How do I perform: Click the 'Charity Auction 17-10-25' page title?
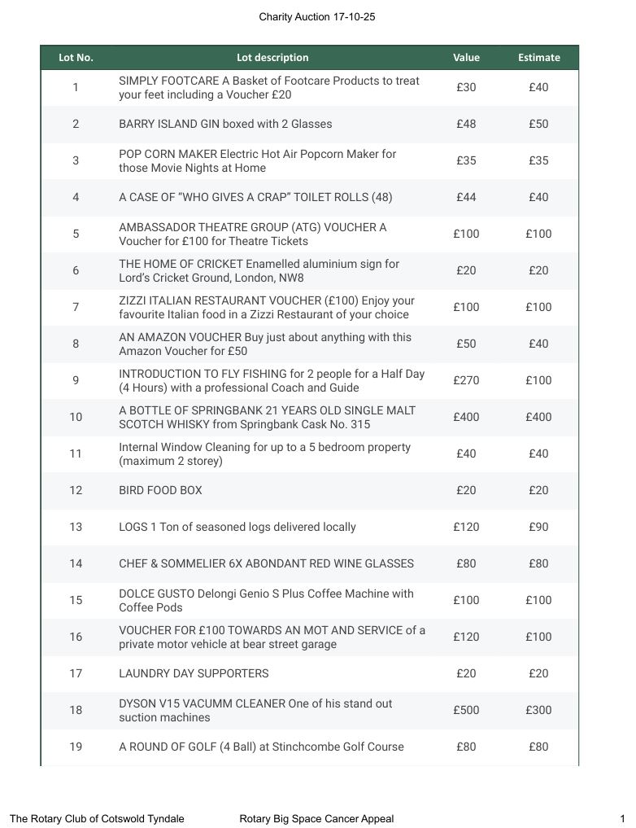coord(317,17)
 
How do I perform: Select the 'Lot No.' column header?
coord(76,58)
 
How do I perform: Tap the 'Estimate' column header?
coord(538,58)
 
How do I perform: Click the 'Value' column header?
coord(466,58)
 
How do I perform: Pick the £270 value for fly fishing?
coord(466,380)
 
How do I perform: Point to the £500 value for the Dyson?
coord(466,710)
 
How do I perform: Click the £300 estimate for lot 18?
coord(538,710)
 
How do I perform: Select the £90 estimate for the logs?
coord(538,527)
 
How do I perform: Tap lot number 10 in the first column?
coord(76,417)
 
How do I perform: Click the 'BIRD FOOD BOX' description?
coord(160,490)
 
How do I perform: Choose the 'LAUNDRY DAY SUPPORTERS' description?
coord(194,673)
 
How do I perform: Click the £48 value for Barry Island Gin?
coord(466,124)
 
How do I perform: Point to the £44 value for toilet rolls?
coord(466,197)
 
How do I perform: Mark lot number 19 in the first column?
coord(76,747)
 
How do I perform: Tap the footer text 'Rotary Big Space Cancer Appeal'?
coord(316,819)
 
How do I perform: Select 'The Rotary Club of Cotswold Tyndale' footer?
coord(97,819)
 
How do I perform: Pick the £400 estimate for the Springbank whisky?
coord(538,417)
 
